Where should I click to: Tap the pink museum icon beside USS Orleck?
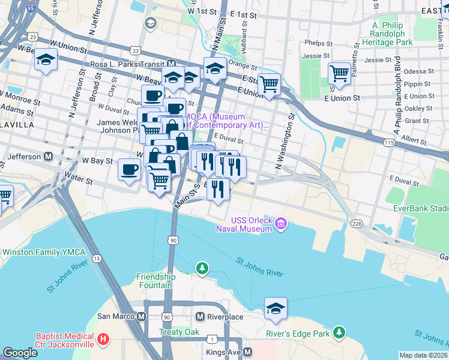point(281,226)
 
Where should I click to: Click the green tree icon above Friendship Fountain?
point(203,267)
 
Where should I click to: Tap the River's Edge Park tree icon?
point(340,332)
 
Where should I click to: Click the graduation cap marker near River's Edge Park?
point(276,308)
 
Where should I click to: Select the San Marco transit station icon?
point(142,316)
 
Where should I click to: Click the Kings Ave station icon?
point(247,352)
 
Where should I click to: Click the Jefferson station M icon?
point(48,156)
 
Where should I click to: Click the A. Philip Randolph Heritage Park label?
point(392,34)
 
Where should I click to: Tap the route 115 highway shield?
point(389,142)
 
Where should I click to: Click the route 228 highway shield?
point(357,224)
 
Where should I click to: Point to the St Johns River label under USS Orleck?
point(259,266)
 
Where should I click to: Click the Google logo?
point(20,353)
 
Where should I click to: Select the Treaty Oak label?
point(178,332)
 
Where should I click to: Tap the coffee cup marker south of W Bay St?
point(129,170)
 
